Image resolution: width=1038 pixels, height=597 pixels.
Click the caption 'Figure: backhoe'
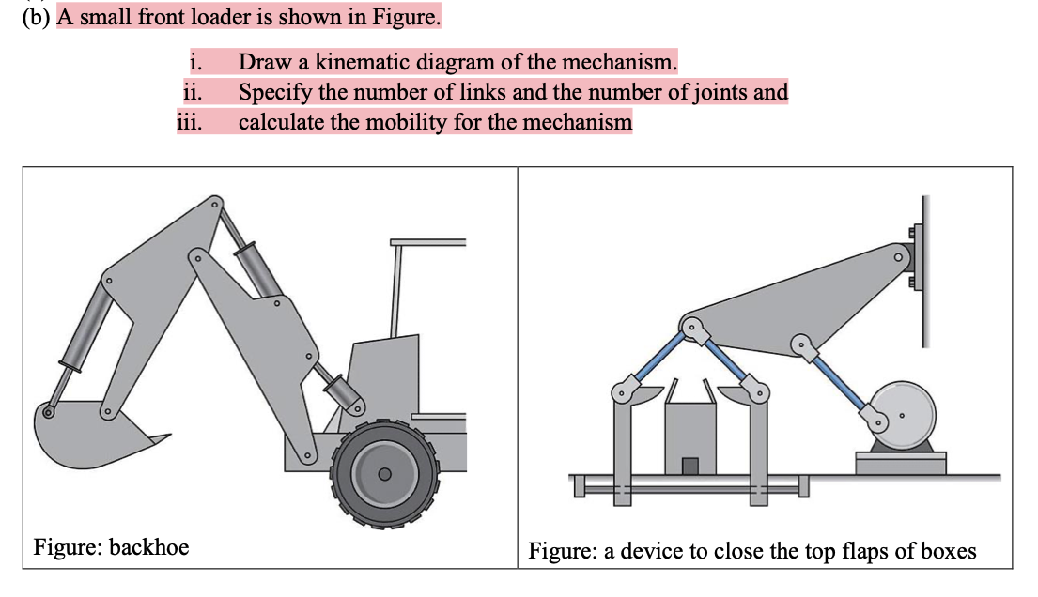pos(111,546)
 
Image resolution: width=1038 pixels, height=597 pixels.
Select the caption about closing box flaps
pos(751,550)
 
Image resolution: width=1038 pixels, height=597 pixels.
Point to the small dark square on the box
pos(690,465)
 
